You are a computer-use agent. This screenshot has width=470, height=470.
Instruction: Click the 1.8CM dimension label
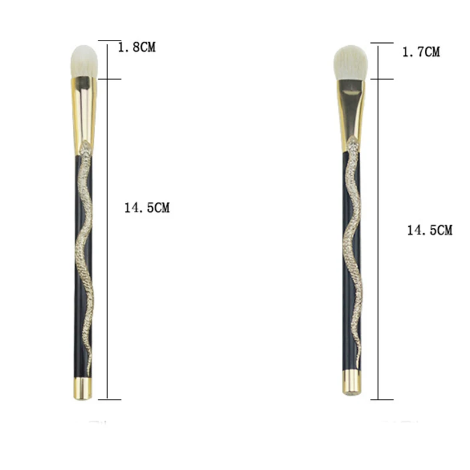click(x=137, y=48)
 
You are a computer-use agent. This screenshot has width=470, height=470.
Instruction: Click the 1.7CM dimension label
click(x=421, y=52)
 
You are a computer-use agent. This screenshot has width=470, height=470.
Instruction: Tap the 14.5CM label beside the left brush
click(x=147, y=208)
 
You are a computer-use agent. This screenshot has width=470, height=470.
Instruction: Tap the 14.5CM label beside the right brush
click(x=430, y=230)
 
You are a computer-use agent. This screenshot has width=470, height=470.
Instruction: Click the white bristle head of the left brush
click(x=84, y=62)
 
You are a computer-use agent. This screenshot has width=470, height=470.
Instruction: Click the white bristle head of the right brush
click(x=351, y=63)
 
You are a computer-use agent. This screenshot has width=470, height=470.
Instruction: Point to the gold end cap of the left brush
click(x=83, y=388)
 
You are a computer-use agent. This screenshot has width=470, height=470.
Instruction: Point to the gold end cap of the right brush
click(x=351, y=382)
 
